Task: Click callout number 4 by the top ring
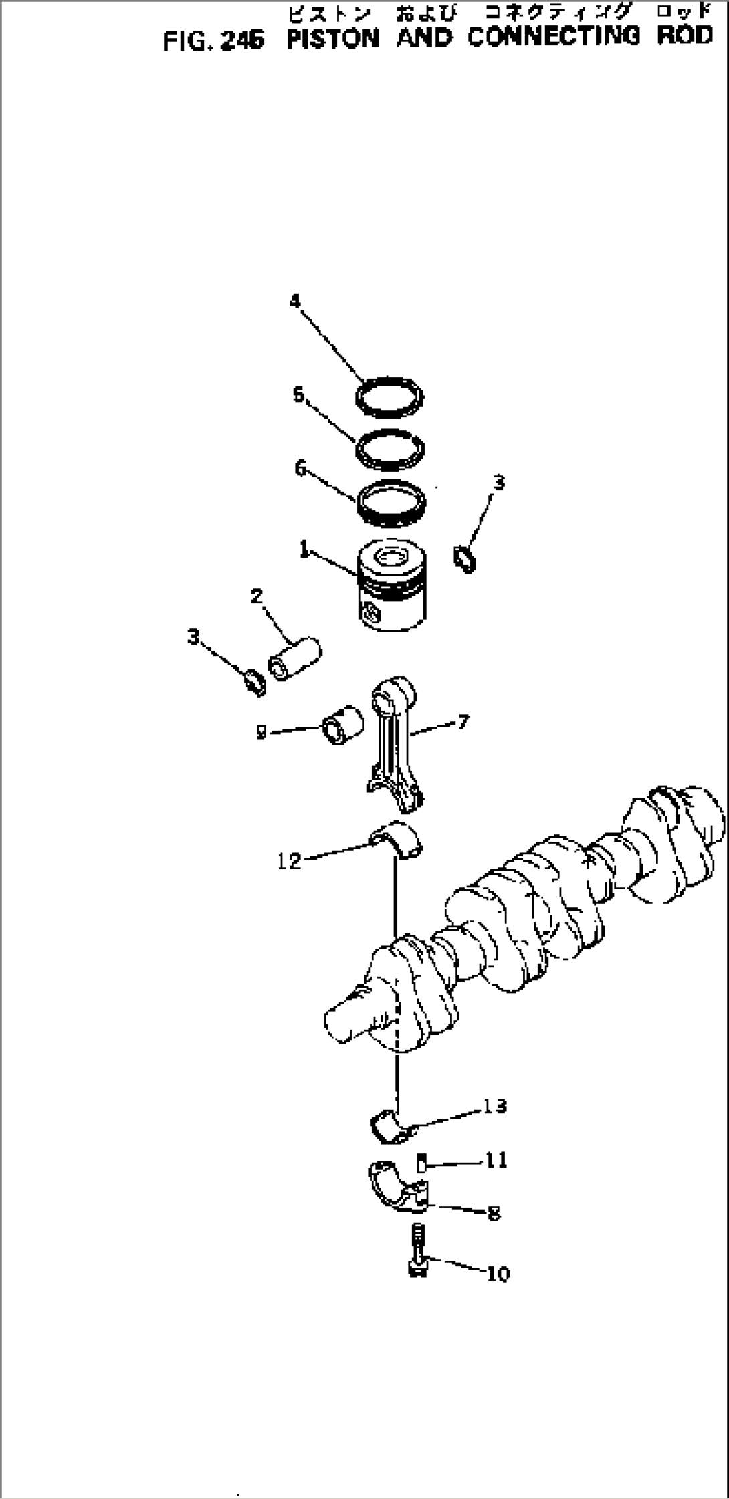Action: (295, 302)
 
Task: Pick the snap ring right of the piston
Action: (465, 559)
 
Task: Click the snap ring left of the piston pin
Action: (255, 681)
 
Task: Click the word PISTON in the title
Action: (332, 39)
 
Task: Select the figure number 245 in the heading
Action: (242, 41)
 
